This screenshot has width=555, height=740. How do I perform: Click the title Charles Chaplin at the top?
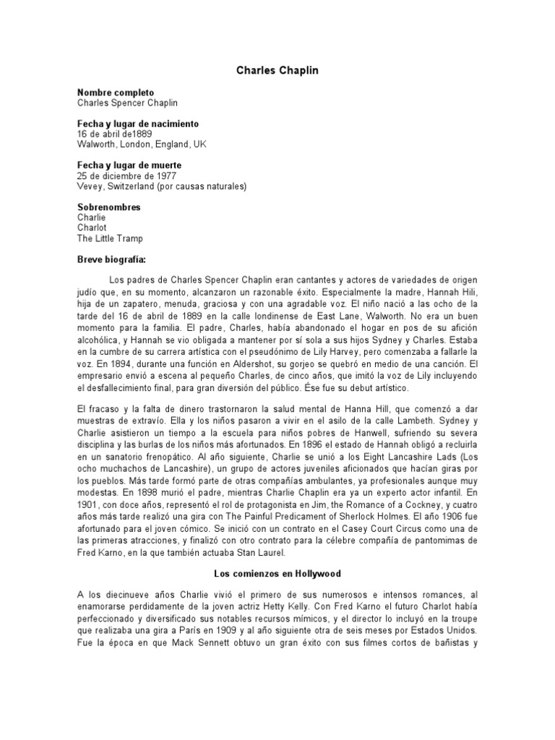pos(277,71)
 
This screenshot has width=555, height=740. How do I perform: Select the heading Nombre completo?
pos(116,93)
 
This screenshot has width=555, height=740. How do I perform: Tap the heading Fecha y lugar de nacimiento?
pos(138,124)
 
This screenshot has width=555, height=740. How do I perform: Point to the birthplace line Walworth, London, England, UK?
pos(142,145)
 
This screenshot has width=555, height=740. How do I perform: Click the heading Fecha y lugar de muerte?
pos(129,165)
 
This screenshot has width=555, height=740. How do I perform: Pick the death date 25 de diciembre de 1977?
pos(126,176)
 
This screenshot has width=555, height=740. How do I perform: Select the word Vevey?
pos(90,186)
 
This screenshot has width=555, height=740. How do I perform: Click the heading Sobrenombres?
pos(108,207)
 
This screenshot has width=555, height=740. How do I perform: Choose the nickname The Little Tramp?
pos(110,238)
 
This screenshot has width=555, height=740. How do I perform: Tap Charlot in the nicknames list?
pos(92,228)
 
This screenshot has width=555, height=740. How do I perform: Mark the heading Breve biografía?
pos(111,259)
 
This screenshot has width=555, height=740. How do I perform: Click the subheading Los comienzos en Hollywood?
pos(277,573)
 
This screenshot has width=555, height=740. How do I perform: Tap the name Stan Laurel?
pos(263,553)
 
